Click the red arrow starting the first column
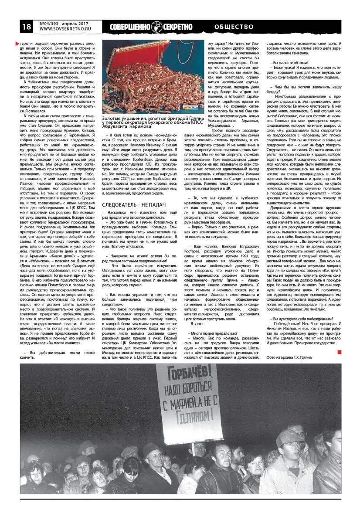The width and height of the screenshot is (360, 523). point(17,44)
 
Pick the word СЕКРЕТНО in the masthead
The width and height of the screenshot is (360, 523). point(177,27)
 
